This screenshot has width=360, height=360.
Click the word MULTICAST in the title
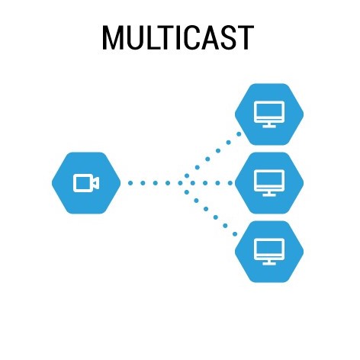[x=178, y=37]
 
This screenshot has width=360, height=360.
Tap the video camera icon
[x=86, y=183]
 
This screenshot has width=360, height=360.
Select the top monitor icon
[x=269, y=114]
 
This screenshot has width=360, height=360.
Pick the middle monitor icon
[x=269, y=183]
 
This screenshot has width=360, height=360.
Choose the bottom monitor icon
[x=269, y=252]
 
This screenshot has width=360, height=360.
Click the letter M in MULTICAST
[x=111, y=37]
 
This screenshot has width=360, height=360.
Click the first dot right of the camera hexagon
[x=130, y=183]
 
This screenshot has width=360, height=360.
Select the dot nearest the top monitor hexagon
[x=239, y=134]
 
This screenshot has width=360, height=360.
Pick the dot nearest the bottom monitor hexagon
[x=235, y=234]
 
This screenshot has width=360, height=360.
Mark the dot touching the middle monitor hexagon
[x=230, y=183]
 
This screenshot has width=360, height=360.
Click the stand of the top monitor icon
[x=269, y=125]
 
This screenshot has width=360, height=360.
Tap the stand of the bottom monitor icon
[x=269, y=262]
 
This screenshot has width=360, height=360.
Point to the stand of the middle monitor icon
[x=269, y=194]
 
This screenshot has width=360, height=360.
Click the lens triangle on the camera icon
[x=96, y=183]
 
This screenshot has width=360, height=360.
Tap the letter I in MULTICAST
[x=180, y=37]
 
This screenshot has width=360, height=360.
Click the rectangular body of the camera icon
[x=82, y=183]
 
